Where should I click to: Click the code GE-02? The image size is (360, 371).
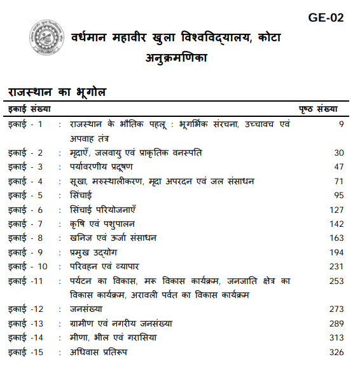click(326, 18)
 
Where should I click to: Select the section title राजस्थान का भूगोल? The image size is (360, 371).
click(57, 92)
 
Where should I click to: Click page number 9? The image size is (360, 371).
click(341, 125)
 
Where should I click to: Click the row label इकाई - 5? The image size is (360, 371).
click(25, 195)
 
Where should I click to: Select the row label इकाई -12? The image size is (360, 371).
click(25, 309)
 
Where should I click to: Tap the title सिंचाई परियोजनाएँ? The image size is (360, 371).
click(103, 210)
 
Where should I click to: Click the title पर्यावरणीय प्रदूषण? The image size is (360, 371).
click(101, 166)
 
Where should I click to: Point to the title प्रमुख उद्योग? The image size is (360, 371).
click(93, 252)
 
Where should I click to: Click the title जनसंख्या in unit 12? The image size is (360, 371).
click(88, 309)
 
